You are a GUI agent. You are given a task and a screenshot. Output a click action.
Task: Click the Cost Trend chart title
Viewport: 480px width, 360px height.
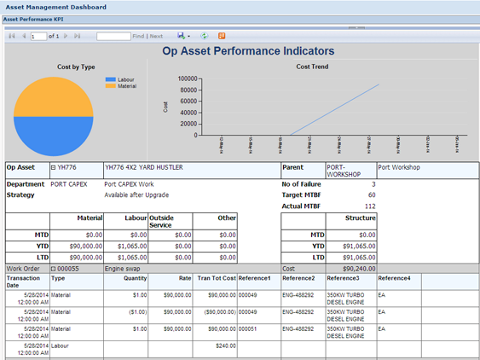[x=312, y=67]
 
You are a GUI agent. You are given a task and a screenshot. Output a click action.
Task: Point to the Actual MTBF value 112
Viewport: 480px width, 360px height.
[x=369, y=206]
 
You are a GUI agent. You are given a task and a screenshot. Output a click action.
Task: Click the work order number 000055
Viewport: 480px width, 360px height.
[x=67, y=268]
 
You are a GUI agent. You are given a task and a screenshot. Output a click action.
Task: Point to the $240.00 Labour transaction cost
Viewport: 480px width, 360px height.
[x=225, y=345]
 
